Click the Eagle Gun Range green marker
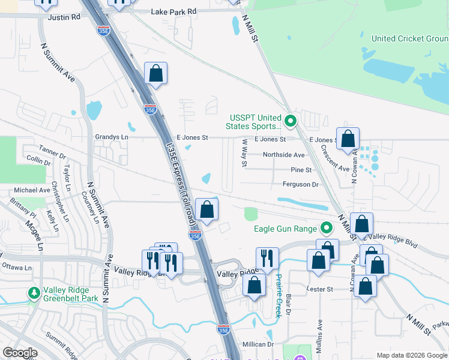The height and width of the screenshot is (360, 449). click(x=327, y=228)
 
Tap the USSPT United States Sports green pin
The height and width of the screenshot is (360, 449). click(x=291, y=122)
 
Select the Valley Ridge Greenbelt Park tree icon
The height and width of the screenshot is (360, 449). click(x=33, y=293)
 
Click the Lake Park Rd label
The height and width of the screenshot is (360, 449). click(x=173, y=11)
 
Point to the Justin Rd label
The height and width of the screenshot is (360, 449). click(x=64, y=18)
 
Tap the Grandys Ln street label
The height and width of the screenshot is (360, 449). click(x=112, y=137)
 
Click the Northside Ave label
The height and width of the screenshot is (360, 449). click(x=284, y=155)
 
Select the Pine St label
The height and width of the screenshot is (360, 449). click(x=301, y=170)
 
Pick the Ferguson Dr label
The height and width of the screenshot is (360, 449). click(x=301, y=185)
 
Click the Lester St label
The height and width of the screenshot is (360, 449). click(x=321, y=289)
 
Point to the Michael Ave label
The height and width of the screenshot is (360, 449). click(x=32, y=190)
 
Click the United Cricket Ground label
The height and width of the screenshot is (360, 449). click(x=409, y=38)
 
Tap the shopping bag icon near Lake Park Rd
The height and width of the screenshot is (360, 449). click(x=155, y=74)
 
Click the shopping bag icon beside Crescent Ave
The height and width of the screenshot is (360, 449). click(x=348, y=139)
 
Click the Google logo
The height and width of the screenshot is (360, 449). click(x=20, y=353)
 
